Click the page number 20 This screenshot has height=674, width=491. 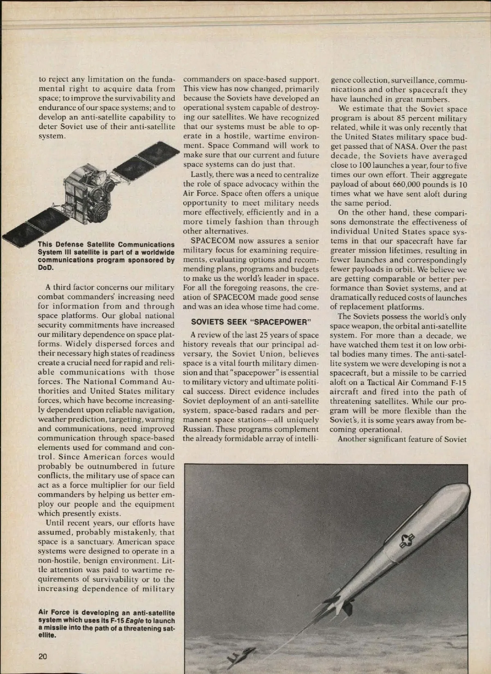[x=43, y=656]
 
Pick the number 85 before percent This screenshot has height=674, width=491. [x=403, y=119]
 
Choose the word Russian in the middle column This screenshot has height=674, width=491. [x=198, y=429]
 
